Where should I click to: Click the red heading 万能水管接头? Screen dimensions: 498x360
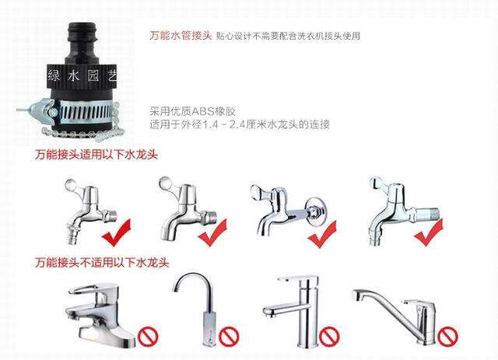[x=181, y=35]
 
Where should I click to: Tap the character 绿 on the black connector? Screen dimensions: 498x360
[x=54, y=76]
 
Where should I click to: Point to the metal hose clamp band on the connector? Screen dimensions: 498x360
[x=85, y=110]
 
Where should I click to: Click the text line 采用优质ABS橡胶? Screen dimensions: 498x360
[x=193, y=111]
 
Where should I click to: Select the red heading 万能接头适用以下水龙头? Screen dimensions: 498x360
[x=96, y=155]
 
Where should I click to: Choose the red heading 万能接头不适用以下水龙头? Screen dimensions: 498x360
[x=102, y=263]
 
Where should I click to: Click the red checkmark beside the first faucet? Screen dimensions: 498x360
[x=117, y=232]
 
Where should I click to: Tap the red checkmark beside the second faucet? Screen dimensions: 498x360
[x=212, y=232]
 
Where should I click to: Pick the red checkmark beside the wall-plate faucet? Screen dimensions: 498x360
[x=322, y=234]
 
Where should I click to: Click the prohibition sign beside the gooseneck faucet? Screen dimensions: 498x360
[x=229, y=337]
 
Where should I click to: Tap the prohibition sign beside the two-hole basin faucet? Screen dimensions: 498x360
[x=148, y=337]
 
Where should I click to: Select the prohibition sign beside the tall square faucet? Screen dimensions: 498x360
[x=329, y=337]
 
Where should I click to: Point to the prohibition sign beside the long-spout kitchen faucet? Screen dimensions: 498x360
[x=448, y=337]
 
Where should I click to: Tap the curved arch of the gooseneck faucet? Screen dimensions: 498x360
[x=194, y=276]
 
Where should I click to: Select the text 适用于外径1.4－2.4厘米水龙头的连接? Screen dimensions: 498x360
[x=240, y=124]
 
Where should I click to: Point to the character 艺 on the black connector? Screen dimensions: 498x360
[x=112, y=76]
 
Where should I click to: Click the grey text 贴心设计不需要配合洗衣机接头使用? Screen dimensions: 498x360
[x=288, y=36]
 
